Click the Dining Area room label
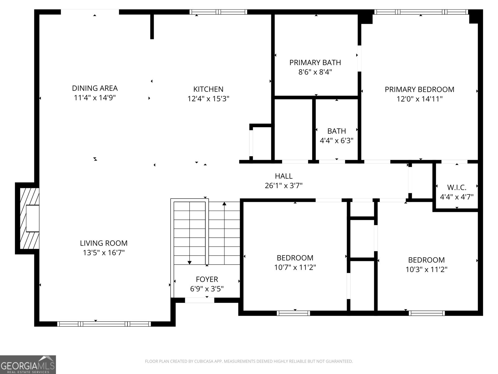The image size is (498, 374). [95, 88]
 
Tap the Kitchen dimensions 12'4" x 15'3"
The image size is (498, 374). [208, 99]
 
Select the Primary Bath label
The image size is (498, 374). [315, 63]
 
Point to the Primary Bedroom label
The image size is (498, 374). [419, 89]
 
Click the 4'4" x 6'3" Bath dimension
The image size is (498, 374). [336, 141]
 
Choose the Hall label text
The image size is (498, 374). [284, 176]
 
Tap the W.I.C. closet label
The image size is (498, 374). [457, 188]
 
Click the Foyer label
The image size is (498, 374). [207, 279]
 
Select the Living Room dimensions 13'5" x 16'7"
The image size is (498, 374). [104, 253]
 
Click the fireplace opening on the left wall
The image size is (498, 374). [32, 218]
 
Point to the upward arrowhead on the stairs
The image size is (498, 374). [224, 204]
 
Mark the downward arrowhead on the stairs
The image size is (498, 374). [190, 262]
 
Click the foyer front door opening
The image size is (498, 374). [200, 300]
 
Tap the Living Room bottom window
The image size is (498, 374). [104, 324]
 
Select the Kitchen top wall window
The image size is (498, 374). [218, 12]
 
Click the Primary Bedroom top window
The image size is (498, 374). [421, 12]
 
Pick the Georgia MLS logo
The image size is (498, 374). [28, 365]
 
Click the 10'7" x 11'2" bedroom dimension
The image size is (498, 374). [295, 267]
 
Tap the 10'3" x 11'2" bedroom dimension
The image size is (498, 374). [426, 270]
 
